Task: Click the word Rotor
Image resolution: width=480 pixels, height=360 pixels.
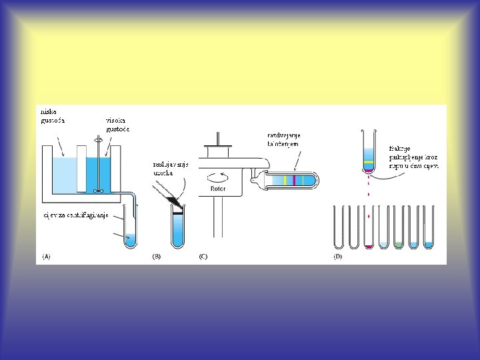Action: click(x=219, y=189)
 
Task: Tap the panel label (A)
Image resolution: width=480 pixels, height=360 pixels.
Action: click(x=46, y=256)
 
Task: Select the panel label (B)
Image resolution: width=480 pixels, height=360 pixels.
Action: click(x=157, y=256)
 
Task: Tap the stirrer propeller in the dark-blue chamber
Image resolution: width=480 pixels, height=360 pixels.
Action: click(x=99, y=191)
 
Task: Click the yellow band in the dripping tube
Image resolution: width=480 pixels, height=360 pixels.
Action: click(x=368, y=162)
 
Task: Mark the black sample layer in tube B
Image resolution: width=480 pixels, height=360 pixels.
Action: click(x=177, y=211)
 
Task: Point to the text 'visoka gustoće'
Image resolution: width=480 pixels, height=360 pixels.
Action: click(x=117, y=124)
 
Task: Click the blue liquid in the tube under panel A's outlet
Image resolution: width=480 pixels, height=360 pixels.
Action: click(x=131, y=237)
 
